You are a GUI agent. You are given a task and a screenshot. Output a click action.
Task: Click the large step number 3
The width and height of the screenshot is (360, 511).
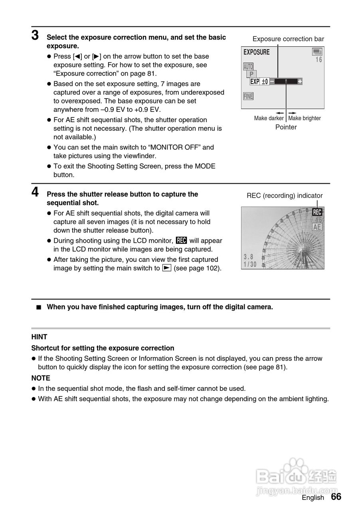tap(35, 36)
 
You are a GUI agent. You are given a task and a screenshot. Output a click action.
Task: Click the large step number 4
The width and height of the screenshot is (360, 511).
tap(35, 192)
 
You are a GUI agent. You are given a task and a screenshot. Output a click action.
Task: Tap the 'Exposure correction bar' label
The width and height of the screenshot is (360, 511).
tap(288, 39)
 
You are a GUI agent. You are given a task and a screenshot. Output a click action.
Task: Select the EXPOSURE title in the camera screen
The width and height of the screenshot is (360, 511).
tap(256, 52)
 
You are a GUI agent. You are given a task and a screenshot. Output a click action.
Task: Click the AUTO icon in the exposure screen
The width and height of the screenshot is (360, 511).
tap(248, 67)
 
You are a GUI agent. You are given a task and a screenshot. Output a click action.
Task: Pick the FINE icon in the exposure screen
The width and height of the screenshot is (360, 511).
tap(248, 96)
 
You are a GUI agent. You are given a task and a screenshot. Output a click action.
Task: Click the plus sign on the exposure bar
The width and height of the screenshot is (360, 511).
tap(300, 81)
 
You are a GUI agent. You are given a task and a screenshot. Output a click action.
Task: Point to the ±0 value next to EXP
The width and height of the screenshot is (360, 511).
tap(265, 81)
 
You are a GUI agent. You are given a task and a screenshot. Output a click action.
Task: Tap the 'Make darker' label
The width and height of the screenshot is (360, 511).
tap(269, 118)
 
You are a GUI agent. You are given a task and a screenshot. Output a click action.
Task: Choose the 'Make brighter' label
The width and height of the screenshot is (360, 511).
tap(305, 118)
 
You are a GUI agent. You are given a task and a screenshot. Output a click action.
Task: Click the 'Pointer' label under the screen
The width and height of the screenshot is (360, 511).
tap(286, 127)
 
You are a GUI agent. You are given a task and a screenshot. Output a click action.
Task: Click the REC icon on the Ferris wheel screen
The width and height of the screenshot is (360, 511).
tap(317, 212)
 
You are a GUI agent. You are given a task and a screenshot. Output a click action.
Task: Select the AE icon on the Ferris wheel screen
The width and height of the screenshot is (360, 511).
tap(317, 227)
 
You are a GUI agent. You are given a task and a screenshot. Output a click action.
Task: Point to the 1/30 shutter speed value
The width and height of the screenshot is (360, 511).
tap(250, 264)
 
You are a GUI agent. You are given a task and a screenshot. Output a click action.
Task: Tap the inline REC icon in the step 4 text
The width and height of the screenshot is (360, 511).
tap(181, 241)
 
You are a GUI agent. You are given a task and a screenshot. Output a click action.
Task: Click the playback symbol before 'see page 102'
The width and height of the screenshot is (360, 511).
tap(167, 268)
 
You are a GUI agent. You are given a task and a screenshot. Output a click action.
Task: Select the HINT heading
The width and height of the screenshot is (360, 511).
tap(40, 337)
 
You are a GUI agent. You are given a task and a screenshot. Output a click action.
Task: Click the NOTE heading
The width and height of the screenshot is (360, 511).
tap(41, 378)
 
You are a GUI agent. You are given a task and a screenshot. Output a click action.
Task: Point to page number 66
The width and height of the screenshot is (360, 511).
tap(336, 497)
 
